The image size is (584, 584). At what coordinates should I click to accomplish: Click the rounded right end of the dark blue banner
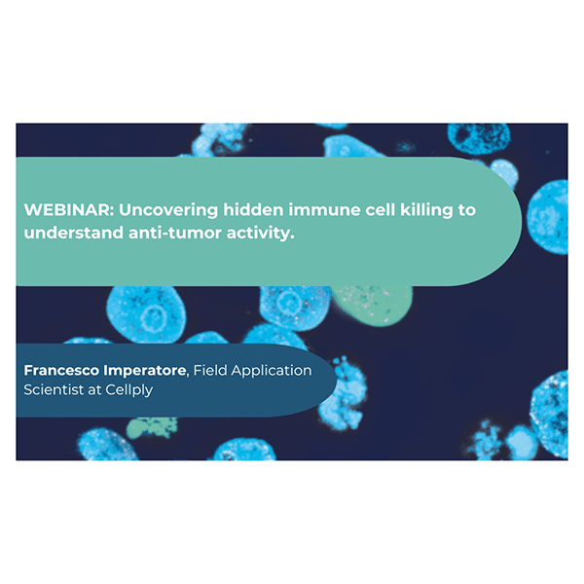tap(326, 380)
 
